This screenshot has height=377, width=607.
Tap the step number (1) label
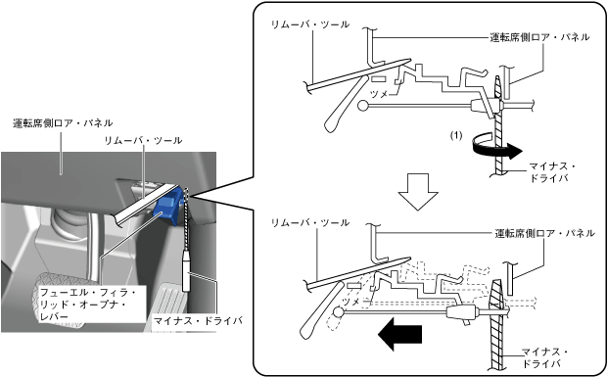(456, 135)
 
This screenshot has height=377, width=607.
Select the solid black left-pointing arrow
(399, 334)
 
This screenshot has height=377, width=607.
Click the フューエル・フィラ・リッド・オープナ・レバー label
(88, 305)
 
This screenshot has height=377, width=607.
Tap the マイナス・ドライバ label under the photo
(198, 320)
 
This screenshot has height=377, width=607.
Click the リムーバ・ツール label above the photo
(143, 140)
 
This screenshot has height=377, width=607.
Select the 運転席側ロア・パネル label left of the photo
(63, 122)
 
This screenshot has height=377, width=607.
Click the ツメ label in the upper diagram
(379, 94)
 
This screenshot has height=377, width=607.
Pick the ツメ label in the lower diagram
(352, 302)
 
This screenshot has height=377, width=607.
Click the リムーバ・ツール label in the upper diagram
(310, 24)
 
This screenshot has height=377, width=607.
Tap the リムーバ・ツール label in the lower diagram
(310, 222)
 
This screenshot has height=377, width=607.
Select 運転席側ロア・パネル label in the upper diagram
(540, 37)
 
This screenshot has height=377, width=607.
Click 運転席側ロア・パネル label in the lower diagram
(545, 233)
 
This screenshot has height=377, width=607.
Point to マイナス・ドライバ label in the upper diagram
(551, 172)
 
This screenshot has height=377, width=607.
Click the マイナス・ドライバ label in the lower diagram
(544, 357)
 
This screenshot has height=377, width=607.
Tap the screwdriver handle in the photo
(187, 270)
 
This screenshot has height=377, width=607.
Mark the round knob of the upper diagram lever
(363, 106)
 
